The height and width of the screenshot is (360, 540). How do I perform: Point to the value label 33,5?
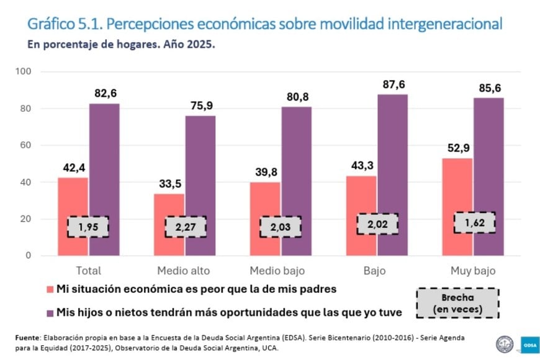169,184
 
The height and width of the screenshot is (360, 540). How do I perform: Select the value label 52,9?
457,148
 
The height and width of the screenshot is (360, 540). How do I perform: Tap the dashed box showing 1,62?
474,222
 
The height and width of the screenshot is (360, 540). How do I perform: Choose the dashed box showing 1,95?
88,226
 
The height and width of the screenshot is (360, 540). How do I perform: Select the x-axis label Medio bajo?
280,271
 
